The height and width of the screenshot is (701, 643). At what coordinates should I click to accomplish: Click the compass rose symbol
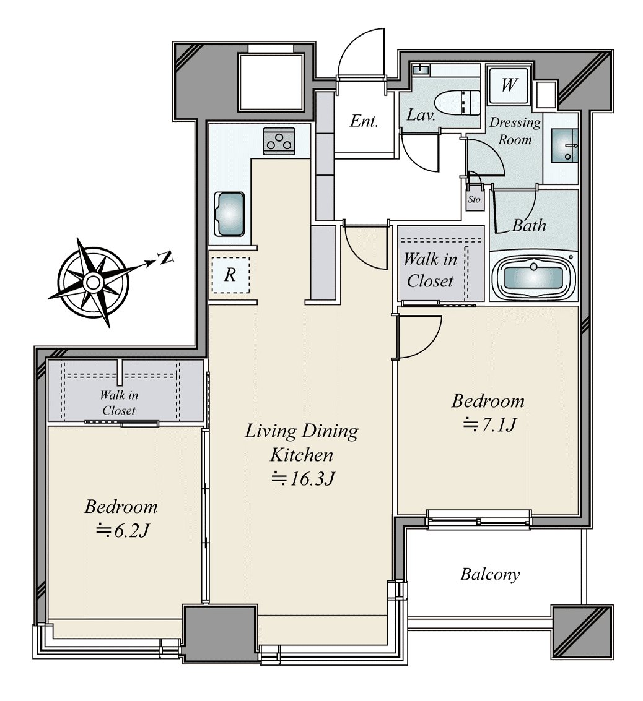pyautogui.click(x=93, y=282)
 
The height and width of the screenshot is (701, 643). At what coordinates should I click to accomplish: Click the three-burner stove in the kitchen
pyautogui.click(x=279, y=141)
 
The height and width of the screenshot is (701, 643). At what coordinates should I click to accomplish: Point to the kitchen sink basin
pyautogui.click(x=229, y=214)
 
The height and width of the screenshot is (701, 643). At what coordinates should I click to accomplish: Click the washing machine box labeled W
pyautogui.click(x=509, y=85)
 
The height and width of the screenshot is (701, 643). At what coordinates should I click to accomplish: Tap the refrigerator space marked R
pyautogui.click(x=230, y=275)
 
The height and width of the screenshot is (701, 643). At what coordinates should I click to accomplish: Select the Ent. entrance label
pyautogui.click(x=364, y=121)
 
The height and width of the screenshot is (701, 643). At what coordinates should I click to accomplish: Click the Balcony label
pyautogui.click(x=490, y=575)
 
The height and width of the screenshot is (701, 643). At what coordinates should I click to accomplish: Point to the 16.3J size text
pyautogui.click(x=304, y=479)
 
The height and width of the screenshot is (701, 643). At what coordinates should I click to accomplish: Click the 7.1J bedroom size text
pyautogui.click(x=490, y=424)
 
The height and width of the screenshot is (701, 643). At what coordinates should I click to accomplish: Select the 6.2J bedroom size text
pyautogui.click(x=122, y=531)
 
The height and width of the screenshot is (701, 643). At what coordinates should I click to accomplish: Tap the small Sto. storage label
pyautogui.click(x=475, y=199)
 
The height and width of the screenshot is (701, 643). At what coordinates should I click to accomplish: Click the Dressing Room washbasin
pyautogui.click(x=565, y=145)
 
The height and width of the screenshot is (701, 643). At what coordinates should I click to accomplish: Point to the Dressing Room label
pyautogui.click(x=515, y=131)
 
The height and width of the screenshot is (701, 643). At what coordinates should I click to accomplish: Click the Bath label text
pyautogui.click(x=529, y=225)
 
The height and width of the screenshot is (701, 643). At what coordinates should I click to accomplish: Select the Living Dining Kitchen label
pyautogui.click(x=302, y=442)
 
